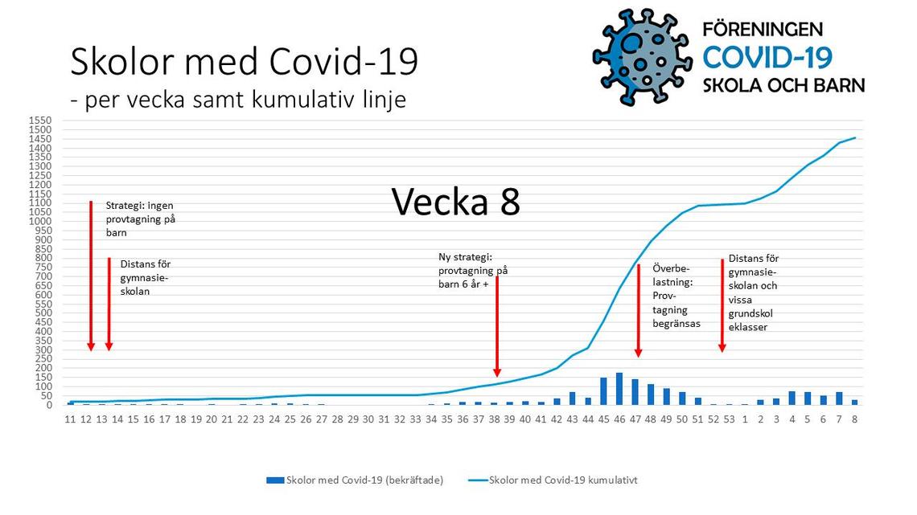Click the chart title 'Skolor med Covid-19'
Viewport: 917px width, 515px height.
click(244, 61)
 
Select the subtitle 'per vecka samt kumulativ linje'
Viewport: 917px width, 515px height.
click(245, 100)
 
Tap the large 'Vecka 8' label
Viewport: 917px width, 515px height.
click(455, 202)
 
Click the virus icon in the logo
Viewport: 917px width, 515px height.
click(643, 56)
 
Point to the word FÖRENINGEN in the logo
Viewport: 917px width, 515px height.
click(763, 29)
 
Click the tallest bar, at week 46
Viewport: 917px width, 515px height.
click(619, 389)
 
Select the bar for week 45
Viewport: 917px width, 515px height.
click(603, 391)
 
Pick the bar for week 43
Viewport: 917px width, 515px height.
click(573, 399)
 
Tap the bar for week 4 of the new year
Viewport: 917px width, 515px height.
click(792, 399)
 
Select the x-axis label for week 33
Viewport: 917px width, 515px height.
click(415, 419)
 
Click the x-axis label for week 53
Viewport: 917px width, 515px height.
click(729, 419)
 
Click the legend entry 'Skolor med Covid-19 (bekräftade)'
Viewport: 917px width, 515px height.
click(355, 480)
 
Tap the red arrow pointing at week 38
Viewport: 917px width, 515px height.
click(497, 326)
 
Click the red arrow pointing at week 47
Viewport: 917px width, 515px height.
click(639, 311)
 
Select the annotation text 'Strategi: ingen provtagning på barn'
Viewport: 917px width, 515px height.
click(140, 219)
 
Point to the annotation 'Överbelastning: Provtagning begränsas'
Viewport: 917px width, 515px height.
click(676, 296)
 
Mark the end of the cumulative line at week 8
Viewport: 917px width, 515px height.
click(855, 138)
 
